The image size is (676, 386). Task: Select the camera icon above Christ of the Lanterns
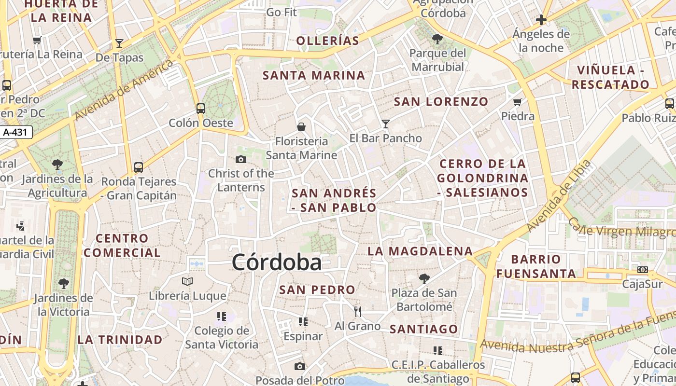click(240, 159)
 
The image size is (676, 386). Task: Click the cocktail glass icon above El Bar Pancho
click(385, 124)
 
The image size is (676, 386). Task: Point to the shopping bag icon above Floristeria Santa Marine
click(301, 127)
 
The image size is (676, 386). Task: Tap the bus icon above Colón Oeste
click(201, 109)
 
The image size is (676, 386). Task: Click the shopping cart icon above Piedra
click(518, 102)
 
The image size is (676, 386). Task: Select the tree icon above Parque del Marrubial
click(437, 39)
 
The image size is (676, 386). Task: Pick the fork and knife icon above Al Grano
click(358, 312)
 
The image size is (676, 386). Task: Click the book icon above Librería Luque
click(187, 281)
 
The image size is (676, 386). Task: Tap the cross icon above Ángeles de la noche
click(541, 20)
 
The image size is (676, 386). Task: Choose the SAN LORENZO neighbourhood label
click(441, 102)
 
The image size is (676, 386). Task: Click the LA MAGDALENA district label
click(420, 251)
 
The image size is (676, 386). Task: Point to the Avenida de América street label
click(125, 91)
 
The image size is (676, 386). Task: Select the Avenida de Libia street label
click(559, 195)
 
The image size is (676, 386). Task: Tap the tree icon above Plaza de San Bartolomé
click(424, 278)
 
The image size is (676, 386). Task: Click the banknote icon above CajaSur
click(643, 270)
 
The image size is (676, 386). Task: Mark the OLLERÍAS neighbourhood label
click(328, 41)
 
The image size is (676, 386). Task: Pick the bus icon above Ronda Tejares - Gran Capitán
click(139, 167)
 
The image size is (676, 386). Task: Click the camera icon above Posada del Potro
click(300, 367)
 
